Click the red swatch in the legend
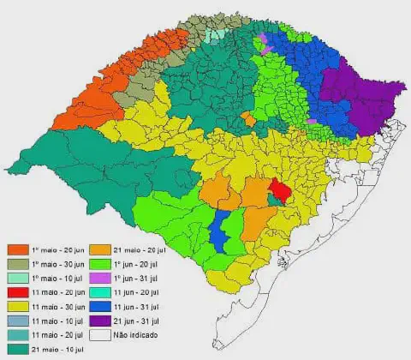tap(17, 292)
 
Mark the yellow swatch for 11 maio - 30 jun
tap(17, 305)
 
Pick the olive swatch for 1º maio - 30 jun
tap(17, 263)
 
